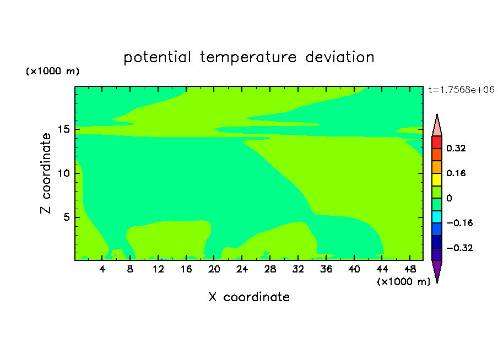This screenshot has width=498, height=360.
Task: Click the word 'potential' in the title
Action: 157,58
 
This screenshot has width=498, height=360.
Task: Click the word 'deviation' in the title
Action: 340,57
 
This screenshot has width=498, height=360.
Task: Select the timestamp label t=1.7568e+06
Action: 461,90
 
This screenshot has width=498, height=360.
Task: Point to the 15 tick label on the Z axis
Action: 64,129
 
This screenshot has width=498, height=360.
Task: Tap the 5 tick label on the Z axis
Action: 66,217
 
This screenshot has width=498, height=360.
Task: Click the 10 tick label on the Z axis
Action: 64,173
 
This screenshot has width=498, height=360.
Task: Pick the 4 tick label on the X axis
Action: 102,269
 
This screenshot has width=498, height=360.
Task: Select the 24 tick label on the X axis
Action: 242,269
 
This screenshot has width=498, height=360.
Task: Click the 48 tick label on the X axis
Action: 410,269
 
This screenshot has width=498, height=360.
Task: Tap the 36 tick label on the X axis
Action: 326,269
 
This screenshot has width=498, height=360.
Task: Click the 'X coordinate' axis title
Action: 249,297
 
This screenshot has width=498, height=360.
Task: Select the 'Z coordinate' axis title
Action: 46,173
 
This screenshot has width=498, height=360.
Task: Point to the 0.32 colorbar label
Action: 456,148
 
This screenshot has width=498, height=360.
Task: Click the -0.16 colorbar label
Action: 459,223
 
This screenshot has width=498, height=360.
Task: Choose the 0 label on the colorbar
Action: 449,198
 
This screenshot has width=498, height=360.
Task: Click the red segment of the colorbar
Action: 437,142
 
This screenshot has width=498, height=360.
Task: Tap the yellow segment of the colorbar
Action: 437,179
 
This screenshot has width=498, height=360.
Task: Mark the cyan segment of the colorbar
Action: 437,217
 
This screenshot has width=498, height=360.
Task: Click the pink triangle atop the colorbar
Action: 437,126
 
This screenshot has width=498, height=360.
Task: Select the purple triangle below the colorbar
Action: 437,271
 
